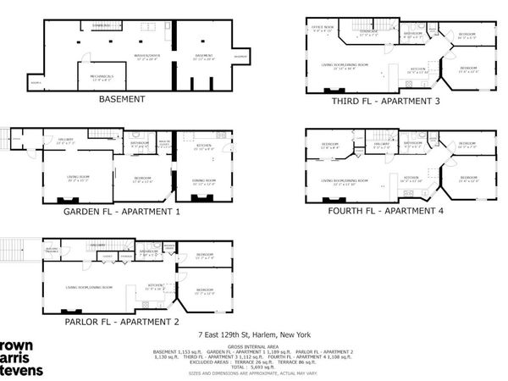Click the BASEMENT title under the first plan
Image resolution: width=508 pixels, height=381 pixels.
pyautogui.click(x=122, y=99)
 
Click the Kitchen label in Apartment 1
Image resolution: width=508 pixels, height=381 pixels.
pyautogui.click(x=203, y=146)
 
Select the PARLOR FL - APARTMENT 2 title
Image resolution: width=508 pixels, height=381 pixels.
pyautogui.click(x=123, y=321)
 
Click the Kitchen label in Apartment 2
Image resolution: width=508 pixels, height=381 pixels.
pyautogui.click(x=156, y=286)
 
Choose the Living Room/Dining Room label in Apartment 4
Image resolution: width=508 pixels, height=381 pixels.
pyautogui.click(x=343, y=182)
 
